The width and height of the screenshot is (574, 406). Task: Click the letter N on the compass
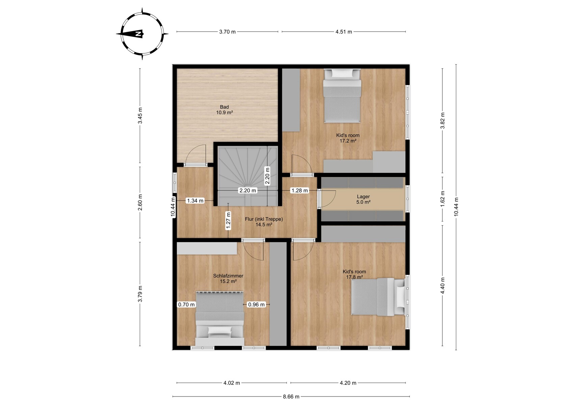coord(139,34)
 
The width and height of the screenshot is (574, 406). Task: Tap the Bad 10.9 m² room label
coord(224,110)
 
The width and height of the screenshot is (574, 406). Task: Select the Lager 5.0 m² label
coord(363,199)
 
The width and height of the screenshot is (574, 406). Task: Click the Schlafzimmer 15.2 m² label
coord(228,278)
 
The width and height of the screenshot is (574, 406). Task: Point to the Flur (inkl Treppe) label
coord(264,219)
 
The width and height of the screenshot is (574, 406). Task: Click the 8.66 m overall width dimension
coord(291,397)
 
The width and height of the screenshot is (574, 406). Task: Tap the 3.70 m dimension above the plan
coord(227,32)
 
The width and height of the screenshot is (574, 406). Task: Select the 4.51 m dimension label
coord(344,32)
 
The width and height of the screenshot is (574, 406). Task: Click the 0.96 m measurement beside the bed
coord(256,305)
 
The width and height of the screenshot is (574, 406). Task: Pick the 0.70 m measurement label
coord(186,305)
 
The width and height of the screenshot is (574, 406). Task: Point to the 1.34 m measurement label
coord(195,201)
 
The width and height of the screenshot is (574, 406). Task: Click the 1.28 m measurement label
coord(299,191)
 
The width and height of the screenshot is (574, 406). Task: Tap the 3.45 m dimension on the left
coord(140,115)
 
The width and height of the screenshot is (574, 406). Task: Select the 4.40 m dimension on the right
coord(443,286)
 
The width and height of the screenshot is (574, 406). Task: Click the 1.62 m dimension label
coord(443,199)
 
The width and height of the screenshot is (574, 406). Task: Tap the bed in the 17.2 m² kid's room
coord(342,95)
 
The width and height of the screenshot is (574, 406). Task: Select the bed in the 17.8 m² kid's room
coord(378,297)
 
